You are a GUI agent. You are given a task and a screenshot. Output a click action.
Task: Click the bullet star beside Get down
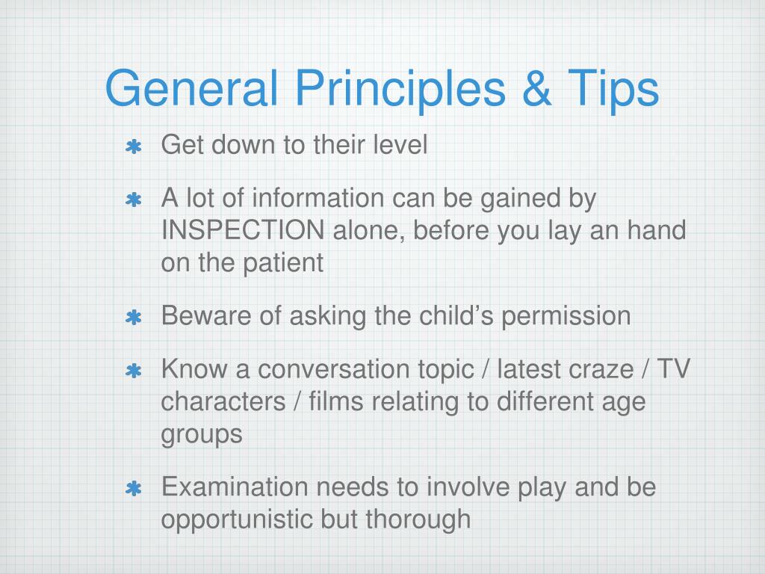[134, 147]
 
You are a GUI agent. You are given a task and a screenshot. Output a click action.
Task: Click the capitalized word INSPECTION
[243, 231]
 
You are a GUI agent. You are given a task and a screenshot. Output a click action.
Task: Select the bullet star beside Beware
[134, 318]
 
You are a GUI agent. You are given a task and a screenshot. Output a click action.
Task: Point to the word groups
[202, 435]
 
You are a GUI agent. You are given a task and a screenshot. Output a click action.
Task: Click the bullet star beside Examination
[134, 490]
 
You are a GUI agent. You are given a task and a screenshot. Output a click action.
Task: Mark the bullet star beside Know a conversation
[134, 371]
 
